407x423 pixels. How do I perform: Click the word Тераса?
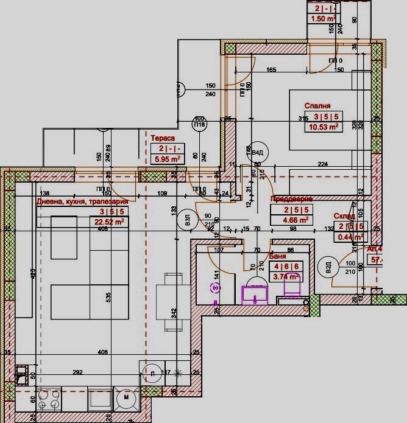[163, 138]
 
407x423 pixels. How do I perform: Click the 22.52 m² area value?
[110, 222]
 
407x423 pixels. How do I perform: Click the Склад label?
[345, 215]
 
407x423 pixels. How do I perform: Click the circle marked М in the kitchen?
[126, 397]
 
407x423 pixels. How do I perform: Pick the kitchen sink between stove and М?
[98, 399]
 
